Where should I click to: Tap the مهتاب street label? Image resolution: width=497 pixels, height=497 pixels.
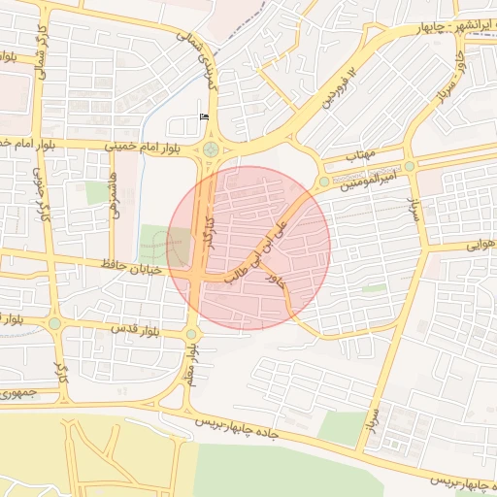tap(360, 154)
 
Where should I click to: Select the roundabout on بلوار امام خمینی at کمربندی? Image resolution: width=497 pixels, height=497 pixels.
tap(211, 149)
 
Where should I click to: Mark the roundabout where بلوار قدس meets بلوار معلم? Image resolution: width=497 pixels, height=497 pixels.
tap(192, 334)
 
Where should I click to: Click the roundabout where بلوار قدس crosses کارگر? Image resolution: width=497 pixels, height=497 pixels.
tap(55, 323)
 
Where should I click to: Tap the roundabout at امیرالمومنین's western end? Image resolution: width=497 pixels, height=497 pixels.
tap(324, 181)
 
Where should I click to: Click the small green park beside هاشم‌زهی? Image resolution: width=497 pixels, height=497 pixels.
tap(98, 192)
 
